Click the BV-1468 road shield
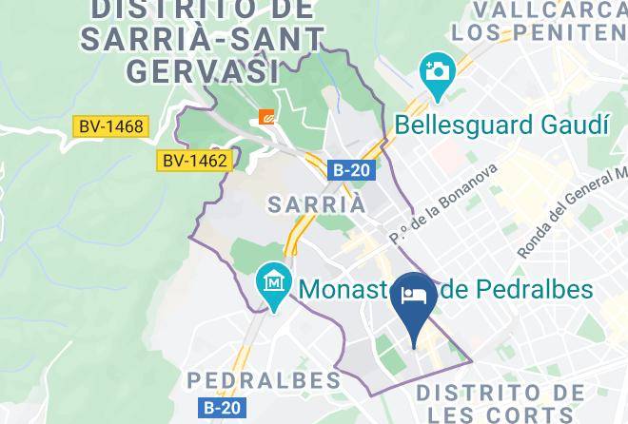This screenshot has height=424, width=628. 110,125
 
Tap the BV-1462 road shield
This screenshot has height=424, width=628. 194,161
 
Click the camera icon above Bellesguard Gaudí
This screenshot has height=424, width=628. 437,73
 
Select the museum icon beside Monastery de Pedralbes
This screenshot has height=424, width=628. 274,284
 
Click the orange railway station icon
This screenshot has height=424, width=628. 267,117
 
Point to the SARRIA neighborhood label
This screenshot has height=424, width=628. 316,204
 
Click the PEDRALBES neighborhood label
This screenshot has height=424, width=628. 264,380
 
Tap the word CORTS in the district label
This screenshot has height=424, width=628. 543,415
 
